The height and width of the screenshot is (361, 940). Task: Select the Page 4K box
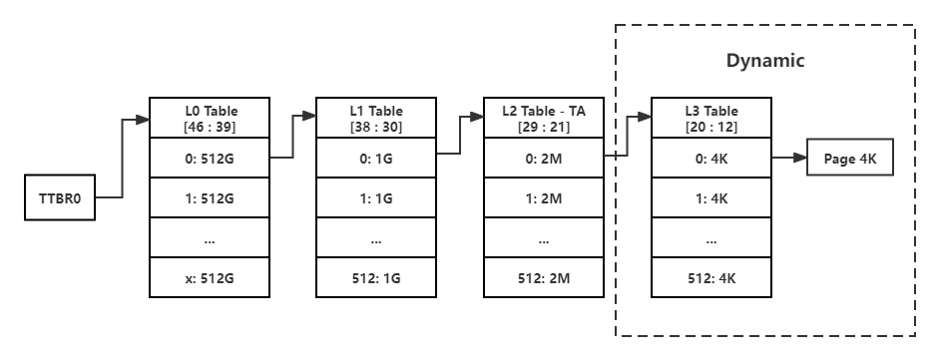coord(849,160)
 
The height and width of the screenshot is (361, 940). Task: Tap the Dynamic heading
coord(765,61)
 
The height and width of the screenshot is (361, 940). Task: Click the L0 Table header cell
coord(211,119)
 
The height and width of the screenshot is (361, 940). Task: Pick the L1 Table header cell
coord(377,119)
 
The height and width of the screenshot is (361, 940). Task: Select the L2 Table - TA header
coord(544,119)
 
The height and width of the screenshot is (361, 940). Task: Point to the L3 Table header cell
coord(710,119)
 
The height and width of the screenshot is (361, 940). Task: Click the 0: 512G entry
coord(211,159)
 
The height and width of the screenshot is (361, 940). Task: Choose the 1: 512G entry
coord(211,197)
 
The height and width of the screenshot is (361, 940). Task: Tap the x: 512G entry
coord(211,276)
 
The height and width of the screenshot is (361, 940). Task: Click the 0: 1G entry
coord(377,159)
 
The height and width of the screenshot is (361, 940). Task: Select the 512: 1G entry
coord(377,276)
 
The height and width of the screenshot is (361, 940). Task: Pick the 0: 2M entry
coord(544,159)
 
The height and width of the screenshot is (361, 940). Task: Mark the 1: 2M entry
coord(544,197)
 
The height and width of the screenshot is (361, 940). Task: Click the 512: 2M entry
coord(544,276)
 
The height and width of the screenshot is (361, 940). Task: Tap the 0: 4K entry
coord(710,159)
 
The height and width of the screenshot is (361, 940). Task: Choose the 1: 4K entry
coord(710,197)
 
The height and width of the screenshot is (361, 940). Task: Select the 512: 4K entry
coord(710,276)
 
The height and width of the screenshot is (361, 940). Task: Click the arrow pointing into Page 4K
coord(788,160)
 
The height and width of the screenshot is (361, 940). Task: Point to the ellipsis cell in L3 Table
coord(710,237)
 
